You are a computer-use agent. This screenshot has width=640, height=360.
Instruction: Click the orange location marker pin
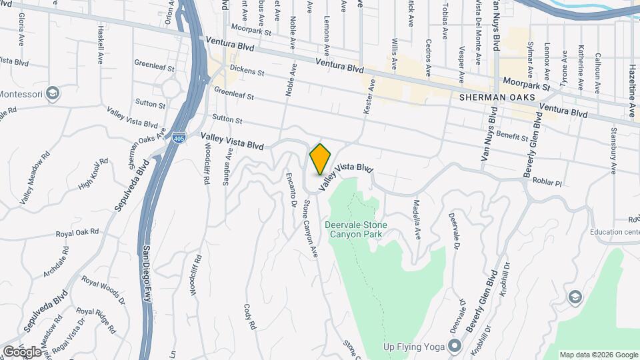click(x=320, y=159)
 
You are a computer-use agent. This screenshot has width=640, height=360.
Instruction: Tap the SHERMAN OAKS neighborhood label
click(x=497, y=97)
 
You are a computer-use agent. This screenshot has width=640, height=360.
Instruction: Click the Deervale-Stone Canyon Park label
click(x=355, y=229)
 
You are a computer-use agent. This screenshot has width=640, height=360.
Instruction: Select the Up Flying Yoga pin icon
click(x=455, y=346)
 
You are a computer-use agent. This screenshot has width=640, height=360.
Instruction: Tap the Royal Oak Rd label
click(x=77, y=233)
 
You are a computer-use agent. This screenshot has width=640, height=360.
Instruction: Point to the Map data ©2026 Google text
click(x=598, y=354)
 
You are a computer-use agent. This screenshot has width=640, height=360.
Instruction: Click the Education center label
click(x=614, y=232)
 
